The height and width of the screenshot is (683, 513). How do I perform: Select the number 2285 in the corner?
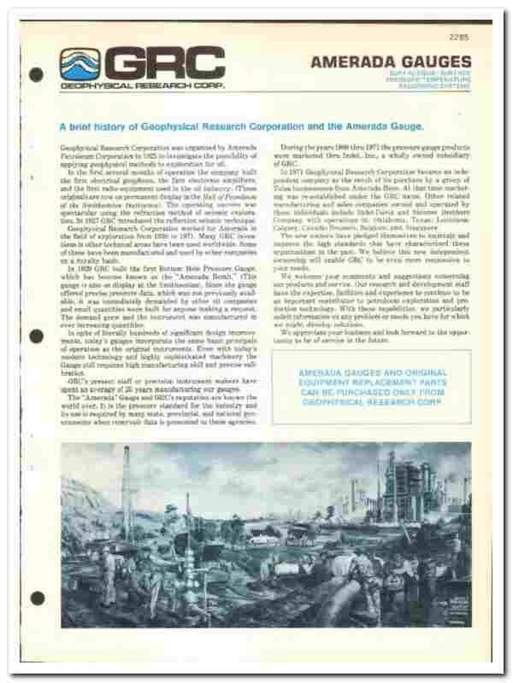pos(459,36)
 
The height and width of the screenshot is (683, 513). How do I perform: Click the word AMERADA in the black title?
pos(351,61)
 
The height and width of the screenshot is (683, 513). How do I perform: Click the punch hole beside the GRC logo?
pos(36,73)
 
